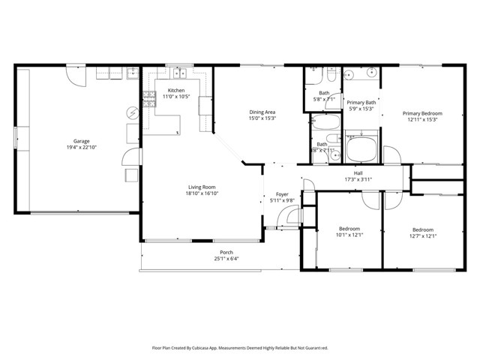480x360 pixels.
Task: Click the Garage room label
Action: [x=81, y=141]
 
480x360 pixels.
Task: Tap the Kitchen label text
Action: [x=175, y=91]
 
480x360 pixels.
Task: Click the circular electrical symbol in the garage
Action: [x=133, y=113]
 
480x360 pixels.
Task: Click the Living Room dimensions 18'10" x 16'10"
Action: [x=202, y=193]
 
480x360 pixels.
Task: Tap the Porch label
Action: [x=226, y=252]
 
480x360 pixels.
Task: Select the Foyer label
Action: [x=282, y=194]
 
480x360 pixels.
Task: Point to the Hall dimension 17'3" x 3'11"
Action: [x=358, y=179]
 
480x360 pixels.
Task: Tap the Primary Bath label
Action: [x=361, y=103]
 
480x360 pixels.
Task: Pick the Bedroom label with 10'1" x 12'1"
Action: [x=349, y=229]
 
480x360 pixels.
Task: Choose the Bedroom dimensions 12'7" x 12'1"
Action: [x=422, y=235]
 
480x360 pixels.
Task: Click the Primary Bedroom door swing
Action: [x=390, y=154]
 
